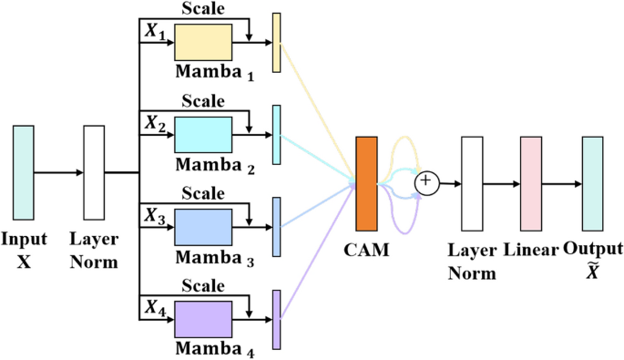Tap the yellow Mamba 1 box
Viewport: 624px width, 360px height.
click(203, 43)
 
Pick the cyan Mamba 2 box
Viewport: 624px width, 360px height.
click(203, 134)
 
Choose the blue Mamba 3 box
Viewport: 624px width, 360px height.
click(203, 224)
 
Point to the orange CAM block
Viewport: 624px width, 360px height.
click(367, 182)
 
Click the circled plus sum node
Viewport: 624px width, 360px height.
click(425, 183)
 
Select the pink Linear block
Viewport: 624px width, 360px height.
click(531, 183)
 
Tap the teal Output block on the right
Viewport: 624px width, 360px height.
click(593, 183)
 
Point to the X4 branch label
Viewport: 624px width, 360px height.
click(152, 306)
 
